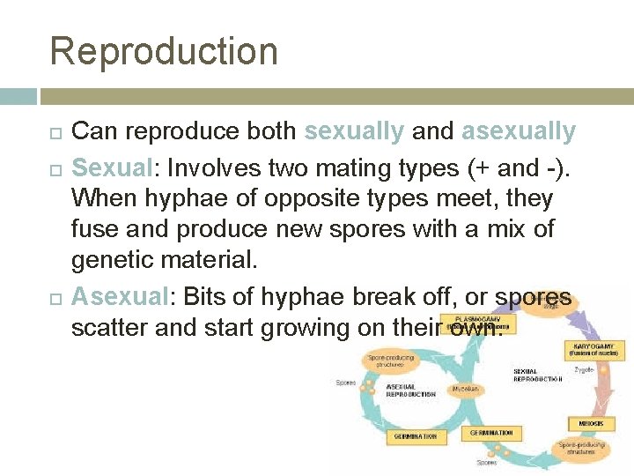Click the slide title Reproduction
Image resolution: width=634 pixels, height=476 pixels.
[x=164, y=50]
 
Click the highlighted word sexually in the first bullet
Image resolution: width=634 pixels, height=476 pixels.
[x=353, y=132]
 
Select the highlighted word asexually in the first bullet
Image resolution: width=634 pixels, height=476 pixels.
[x=518, y=132]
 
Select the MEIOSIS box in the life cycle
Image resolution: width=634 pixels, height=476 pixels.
[x=591, y=424]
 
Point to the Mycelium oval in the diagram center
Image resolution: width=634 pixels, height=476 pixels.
[x=466, y=387]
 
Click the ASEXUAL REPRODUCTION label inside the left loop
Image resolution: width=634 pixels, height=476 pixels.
[x=410, y=390]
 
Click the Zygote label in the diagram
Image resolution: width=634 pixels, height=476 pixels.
[x=584, y=370]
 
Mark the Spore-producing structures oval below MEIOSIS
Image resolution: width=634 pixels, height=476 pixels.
[x=582, y=449]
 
